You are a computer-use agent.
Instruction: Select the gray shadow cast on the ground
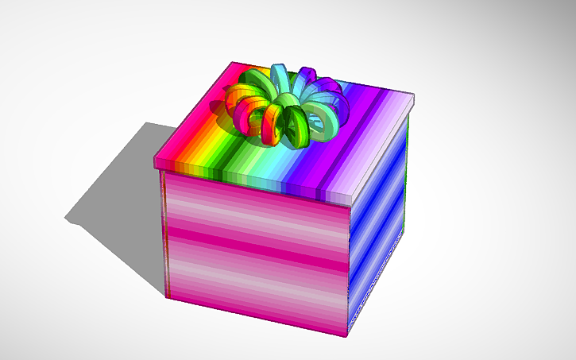point(119,191)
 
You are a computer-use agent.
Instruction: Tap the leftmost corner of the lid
point(155,162)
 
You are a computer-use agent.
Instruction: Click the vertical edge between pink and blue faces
point(349,270)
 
